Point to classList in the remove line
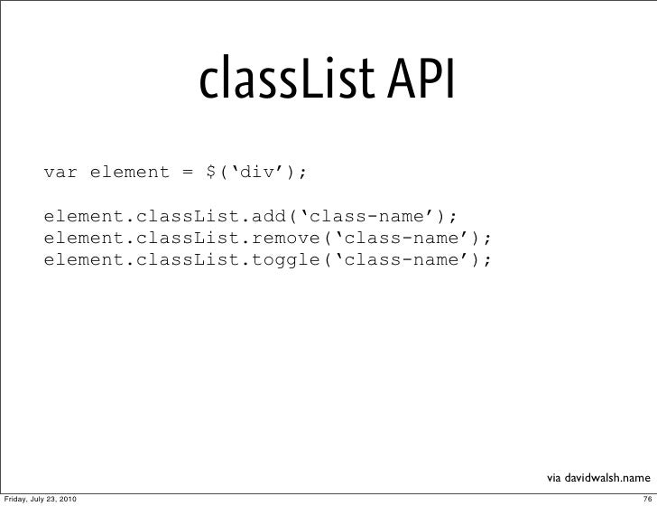(188, 239)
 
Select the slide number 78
(643, 498)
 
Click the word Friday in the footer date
(16, 498)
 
